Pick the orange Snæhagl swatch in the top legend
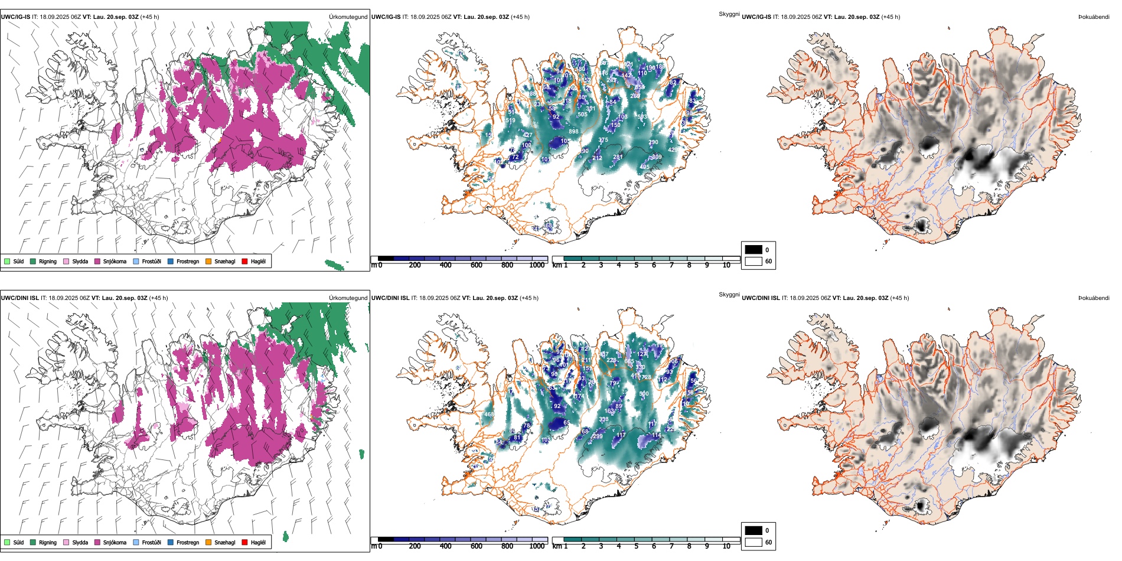tap(208, 261)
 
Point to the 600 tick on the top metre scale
tap(477, 265)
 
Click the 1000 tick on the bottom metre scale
tap(537, 546)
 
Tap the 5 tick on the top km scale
tap(636, 265)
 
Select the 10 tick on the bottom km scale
tap(726, 546)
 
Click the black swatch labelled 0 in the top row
tap(754, 250)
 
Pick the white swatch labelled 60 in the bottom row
tap(754, 542)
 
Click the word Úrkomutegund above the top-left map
tap(348, 17)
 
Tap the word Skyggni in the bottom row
tap(729, 294)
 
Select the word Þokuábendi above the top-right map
tap(1094, 17)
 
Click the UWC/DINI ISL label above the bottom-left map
tap(19, 298)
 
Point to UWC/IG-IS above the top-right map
tap(756, 17)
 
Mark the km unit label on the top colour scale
tap(556, 265)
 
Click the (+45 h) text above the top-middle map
tap(520, 17)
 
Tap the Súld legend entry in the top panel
tap(18, 261)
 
